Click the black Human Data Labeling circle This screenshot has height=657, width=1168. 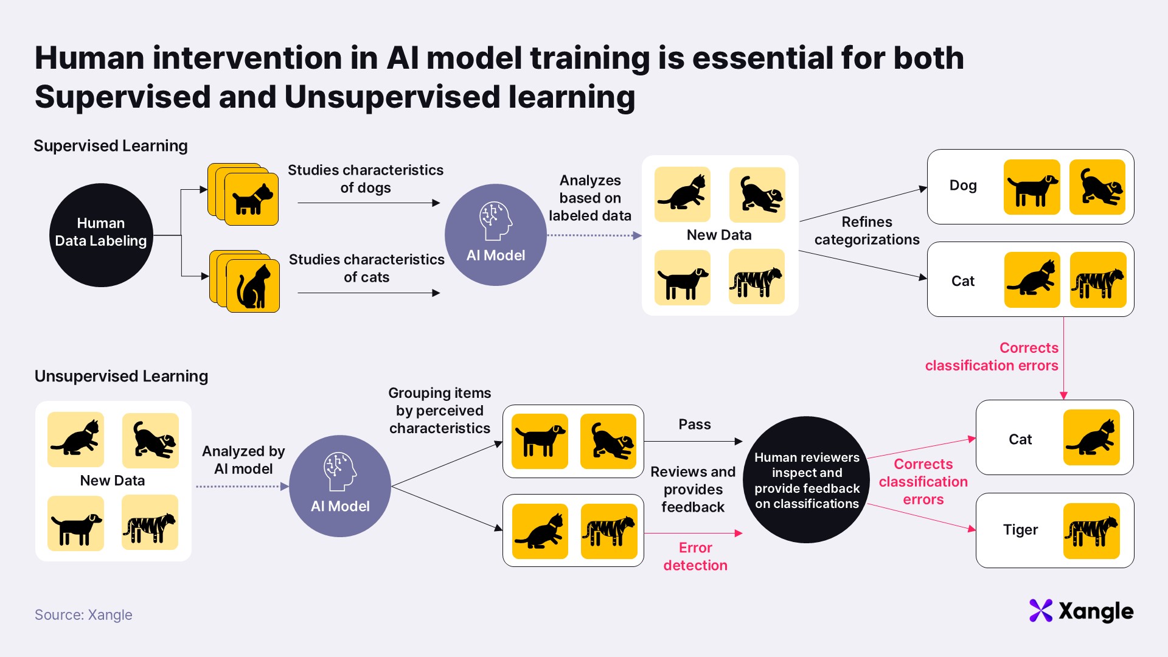coord(101,235)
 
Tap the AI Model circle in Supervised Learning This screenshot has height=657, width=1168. coord(496,235)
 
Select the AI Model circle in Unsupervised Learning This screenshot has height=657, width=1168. coord(340,486)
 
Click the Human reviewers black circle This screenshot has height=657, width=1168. coord(807,479)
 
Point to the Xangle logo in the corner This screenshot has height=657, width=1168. coord(1081,611)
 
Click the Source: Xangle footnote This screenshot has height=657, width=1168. coord(83,614)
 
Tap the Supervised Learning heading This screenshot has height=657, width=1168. coord(111,146)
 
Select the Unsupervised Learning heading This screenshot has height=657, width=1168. coord(121,376)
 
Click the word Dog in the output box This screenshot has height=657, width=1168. coord(963,186)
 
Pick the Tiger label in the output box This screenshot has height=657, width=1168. coord(1020,530)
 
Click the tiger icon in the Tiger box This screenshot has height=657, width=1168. coord(1091,531)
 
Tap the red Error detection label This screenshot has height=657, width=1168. coord(695,556)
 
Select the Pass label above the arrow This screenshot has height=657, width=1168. coord(695,424)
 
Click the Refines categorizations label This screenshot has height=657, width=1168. coord(867,231)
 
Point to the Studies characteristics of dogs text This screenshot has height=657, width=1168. coord(366,179)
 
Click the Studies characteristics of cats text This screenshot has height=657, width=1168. coord(367,268)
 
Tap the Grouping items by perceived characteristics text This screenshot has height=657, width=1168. coord(440,411)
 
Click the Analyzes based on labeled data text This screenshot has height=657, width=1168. coord(590,198)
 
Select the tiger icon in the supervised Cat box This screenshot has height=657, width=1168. coord(1098,280)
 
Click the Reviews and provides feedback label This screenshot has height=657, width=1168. coord(693,489)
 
